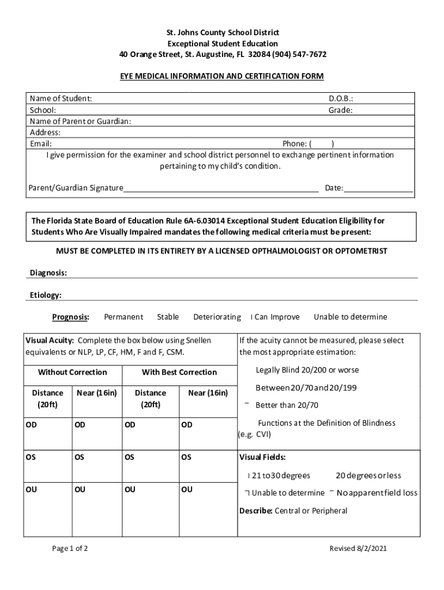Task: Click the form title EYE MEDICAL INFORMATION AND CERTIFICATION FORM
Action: click(222, 76)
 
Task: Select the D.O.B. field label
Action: click(341, 99)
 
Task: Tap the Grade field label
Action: click(341, 110)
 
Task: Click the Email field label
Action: click(40, 143)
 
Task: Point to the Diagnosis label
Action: click(48, 273)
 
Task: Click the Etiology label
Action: click(46, 295)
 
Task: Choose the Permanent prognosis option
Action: click(123, 317)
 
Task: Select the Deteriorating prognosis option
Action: click(217, 317)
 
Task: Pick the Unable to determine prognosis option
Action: click(350, 317)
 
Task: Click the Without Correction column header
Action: click(72, 372)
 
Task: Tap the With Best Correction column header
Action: click(179, 372)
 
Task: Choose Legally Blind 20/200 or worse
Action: click(307, 370)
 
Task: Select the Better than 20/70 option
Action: click(287, 405)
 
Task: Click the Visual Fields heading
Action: click(262, 458)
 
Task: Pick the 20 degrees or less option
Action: click(368, 475)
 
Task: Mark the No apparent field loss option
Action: click(377, 493)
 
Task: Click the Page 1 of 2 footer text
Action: click(70, 548)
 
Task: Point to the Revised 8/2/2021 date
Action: click(358, 548)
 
